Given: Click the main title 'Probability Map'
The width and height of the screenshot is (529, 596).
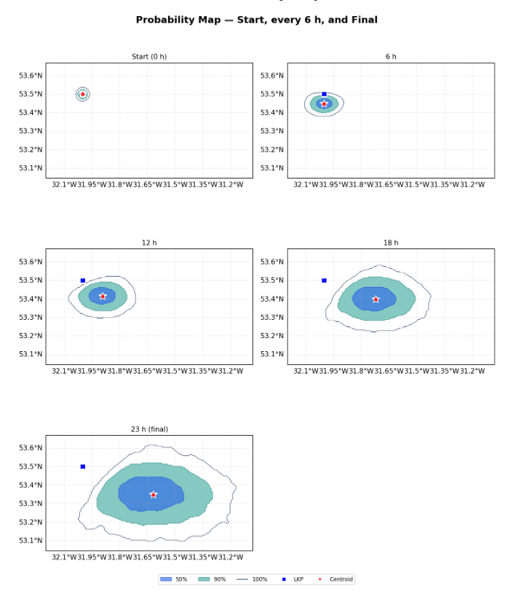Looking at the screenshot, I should coord(256,20).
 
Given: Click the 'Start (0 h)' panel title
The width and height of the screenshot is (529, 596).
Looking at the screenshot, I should coord(149,57).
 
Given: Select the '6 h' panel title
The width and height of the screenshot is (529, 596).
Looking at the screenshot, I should coord(391,57).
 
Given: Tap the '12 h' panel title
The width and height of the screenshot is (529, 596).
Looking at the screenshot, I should coord(149,243).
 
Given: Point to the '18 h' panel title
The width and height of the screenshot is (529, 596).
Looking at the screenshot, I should coord(391,243).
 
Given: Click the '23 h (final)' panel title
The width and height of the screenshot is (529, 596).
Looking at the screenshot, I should coord(149,429).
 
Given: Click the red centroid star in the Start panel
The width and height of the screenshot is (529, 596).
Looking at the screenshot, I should coord(83,94).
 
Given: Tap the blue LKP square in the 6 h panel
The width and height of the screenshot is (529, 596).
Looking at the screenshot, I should coord(325,94).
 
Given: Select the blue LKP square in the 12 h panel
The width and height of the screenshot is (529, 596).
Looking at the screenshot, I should coord(83,281).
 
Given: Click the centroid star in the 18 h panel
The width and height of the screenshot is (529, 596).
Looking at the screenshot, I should coord(375,299).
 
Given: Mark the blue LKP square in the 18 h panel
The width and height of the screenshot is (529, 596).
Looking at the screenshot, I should coord(325,281).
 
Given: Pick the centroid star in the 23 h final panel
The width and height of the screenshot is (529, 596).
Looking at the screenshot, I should coord(154,495).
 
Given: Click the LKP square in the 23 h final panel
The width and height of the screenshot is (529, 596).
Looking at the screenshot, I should coord(83,466).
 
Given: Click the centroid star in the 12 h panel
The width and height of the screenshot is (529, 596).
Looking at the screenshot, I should coord(103,296).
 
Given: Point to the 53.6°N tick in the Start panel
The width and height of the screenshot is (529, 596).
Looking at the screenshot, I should coord(30,76).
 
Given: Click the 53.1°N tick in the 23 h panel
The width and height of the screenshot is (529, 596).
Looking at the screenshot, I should coord(30,541).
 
